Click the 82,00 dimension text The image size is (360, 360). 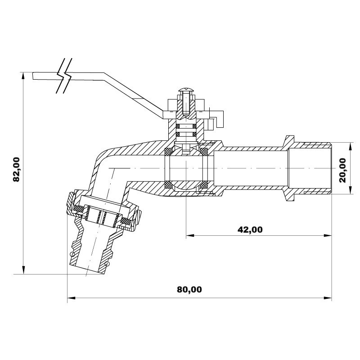[x=17, y=170]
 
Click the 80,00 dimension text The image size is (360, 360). [x=189, y=290]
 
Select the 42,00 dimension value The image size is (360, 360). [x=250, y=229]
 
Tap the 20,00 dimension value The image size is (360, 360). [x=342, y=170]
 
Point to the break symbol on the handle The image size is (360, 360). [x=64, y=76]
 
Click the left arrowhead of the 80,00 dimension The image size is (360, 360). [x=71, y=298]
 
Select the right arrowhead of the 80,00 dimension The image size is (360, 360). [x=328, y=298]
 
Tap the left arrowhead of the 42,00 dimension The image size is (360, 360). [x=190, y=235]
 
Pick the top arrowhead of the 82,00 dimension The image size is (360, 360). [x=23, y=76]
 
